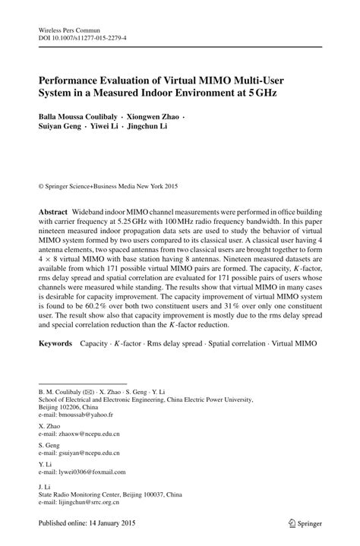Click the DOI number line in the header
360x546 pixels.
click(x=79, y=36)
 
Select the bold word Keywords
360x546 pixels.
click(x=57, y=344)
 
